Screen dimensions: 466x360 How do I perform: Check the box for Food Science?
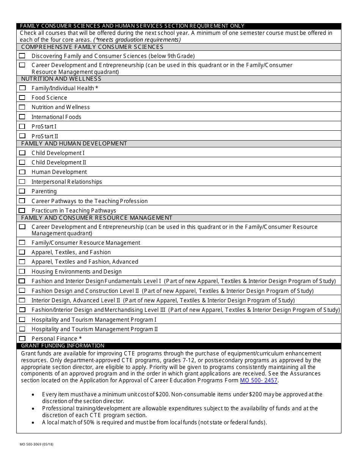(x=22, y=97)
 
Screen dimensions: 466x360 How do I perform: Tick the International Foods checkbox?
(x=22, y=117)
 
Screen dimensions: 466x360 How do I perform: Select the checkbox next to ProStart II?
(x=22, y=136)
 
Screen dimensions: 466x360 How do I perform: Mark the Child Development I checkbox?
(x=22, y=153)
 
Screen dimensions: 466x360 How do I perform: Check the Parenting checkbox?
(x=22, y=191)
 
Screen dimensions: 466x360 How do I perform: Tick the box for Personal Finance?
(x=22, y=338)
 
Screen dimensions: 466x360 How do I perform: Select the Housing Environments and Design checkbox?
(x=22, y=271)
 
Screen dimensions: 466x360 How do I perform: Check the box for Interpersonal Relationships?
(x=22, y=181)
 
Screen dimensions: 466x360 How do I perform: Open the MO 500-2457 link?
(x=258, y=380)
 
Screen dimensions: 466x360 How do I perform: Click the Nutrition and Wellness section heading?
(x=61, y=79)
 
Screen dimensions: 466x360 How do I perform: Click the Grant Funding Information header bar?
(x=63, y=346)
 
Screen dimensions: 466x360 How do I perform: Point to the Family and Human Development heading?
(x=74, y=144)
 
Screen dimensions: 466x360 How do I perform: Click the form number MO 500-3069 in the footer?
(x=37, y=444)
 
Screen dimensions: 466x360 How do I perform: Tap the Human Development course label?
(x=59, y=172)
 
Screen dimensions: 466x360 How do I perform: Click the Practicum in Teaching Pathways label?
(x=74, y=211)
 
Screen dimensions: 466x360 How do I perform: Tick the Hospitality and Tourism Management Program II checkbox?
(x=22, y=329)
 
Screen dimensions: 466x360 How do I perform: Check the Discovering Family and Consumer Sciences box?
(x=22, y=56)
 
